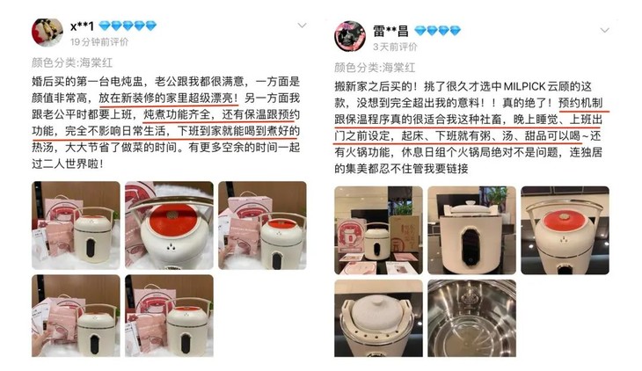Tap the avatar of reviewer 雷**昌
(x=349, y=35)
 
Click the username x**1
(x=82, y=25)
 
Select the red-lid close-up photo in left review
(x=167, y=224)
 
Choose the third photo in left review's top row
(x=261, y=224)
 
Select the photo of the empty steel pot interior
(x=472, y=322)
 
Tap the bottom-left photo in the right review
(x=379, y=322)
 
